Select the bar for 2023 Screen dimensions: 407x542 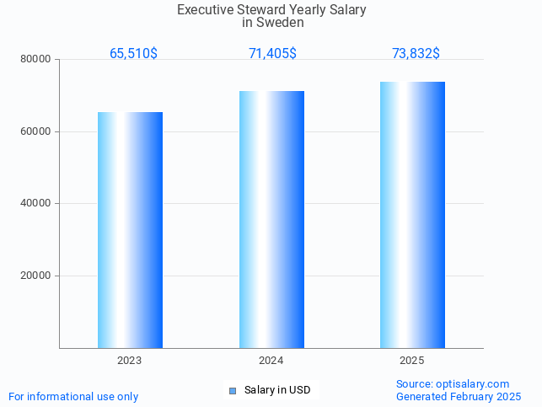(x=130, y=230)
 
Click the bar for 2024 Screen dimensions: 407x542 (x=271, y=219)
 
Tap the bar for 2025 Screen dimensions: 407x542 (x=412, y=215)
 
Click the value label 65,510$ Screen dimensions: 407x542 (x=133, y=54)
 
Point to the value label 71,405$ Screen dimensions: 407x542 (x=272, y=54)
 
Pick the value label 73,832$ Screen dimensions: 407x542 (x=416, y=54)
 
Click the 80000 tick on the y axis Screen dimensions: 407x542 (x=36, y=60)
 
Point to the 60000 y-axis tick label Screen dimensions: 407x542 (x=36, y=131)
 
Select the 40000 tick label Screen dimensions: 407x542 (x=36, y=203)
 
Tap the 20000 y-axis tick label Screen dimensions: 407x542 (x=36, y=276)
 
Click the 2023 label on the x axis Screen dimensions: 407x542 (x=129, y=361)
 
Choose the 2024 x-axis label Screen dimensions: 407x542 (x=271, y=361)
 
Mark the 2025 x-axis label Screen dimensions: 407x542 (x=412, y=361)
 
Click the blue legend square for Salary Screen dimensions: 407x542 (x=233, y=390)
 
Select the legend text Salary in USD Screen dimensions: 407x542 (x=277, y=390)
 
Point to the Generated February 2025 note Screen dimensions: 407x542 (x=459, y=396)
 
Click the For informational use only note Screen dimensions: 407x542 (x=73, y=396)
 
